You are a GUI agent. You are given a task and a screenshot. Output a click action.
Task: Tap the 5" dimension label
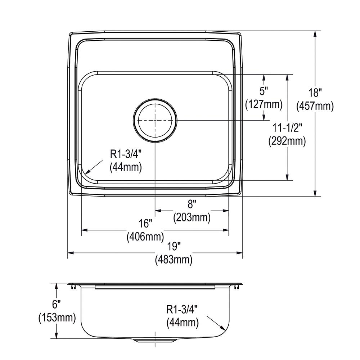[264, 91]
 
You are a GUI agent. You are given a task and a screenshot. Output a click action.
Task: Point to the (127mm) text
[264, 104]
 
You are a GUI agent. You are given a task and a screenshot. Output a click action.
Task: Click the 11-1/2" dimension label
[287, 127]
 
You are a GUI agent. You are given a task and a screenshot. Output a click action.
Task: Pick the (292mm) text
[287, 141]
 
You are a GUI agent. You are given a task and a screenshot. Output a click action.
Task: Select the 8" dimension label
[192, 204]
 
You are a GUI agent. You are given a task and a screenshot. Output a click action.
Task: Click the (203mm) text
[192, 217]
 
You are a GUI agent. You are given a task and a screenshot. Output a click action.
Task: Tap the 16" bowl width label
[145, 224]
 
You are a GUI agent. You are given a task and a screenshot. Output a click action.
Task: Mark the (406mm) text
[145, 237]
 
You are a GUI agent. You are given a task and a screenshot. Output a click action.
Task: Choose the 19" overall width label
[174, 246]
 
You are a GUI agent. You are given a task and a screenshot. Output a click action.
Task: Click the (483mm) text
[174, 259]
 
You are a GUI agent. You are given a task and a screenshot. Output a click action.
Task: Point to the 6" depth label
[57, 305]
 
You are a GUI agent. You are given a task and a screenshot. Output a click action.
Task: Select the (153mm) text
[57, 318]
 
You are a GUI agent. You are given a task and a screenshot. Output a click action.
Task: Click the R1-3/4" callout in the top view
[126, 154]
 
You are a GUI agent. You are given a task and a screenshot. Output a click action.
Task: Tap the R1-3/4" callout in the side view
[182, 309]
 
